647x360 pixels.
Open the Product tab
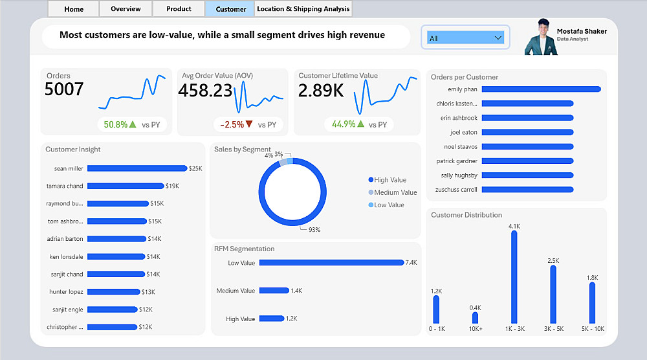click(x=179, y=9)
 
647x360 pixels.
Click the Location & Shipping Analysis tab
click(x=303, y=9)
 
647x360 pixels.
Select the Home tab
click(x=74, y=9)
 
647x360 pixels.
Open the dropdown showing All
click(x=465, y=38)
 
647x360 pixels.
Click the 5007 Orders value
click(x=64, y=89)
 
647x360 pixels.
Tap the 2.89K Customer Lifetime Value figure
click(x=321, y=91)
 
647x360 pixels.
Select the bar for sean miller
click(x=137, y=168)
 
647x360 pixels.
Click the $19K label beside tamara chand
click(x=172, y=186)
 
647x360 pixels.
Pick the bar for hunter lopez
click(x=113, y=292)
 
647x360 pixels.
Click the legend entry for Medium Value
click(x=395, y=192)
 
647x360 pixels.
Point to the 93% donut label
click(x=314, y=229)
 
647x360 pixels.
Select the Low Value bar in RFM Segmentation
click(x=331, y=263)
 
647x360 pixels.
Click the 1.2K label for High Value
click(x=291, y=319)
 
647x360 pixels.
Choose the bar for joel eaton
click(x=527, y=132)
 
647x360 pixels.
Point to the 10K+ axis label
click(x=476, y=329)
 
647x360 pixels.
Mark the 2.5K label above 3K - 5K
click(x=553, y=260)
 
